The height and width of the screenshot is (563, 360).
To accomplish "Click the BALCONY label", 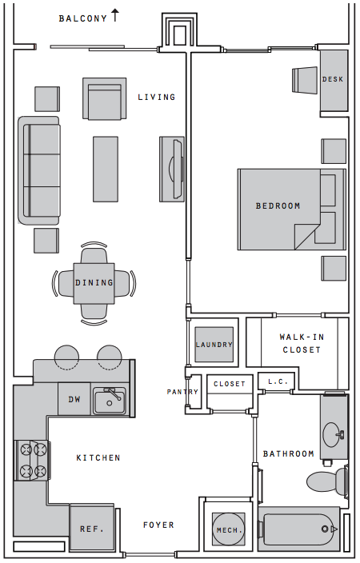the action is tap(83, 18).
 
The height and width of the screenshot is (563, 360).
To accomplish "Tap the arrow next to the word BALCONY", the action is tap(115, 15).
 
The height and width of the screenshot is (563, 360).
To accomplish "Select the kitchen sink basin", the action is tap(110, 402).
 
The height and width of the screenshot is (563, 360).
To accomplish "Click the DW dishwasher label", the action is tap(74, 399).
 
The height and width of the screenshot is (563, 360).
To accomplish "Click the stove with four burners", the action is tap(32, 461).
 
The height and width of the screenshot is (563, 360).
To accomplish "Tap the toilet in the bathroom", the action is tap(327, 481).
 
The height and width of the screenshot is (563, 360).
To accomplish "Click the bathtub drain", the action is tap(325, 529).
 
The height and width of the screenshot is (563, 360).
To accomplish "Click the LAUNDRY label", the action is tap(214, 345).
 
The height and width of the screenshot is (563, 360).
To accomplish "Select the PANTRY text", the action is tap(182, 392).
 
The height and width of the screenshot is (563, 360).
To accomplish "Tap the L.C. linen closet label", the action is tap(278, 381).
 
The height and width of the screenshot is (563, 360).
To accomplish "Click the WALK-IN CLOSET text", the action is tap(302, 343).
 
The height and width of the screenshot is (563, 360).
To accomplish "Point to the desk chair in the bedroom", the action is tap(305, 80).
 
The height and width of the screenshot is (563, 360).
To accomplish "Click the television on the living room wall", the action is tap(177, 169).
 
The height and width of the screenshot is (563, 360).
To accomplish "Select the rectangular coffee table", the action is tap(106, 169).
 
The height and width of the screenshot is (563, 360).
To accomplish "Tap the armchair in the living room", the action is tap(105, 98).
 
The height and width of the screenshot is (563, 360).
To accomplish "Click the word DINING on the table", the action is tap(94, 283).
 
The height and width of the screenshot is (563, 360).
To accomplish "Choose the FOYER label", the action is tap(158, 525).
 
